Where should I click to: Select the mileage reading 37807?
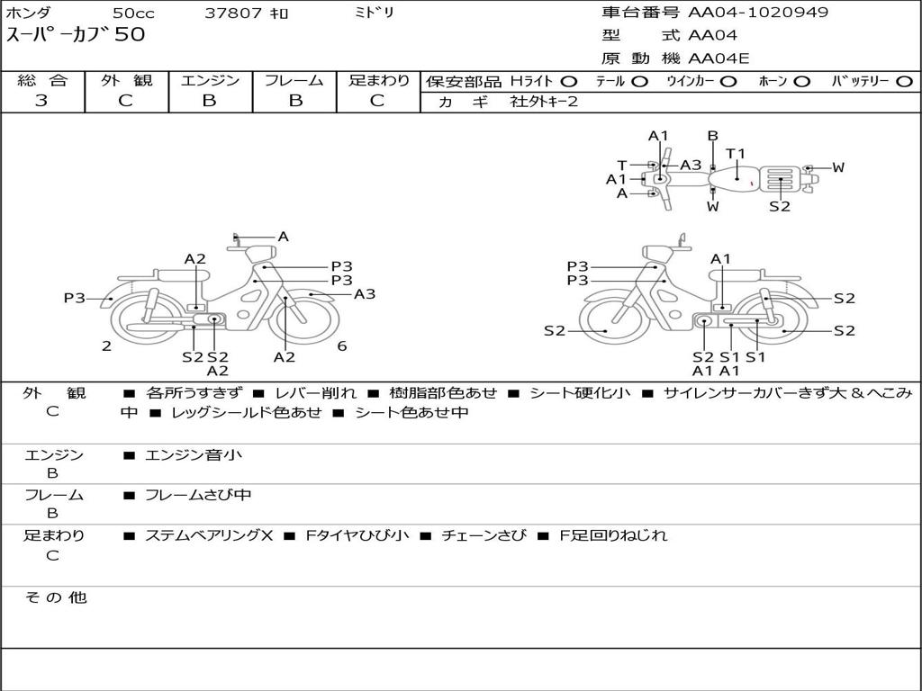pos(233,13)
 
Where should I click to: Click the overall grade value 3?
pos(41,101)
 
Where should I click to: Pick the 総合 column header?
pos(42,81)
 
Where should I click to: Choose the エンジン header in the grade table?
pos(210,81)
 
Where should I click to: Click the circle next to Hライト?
pos(569,82)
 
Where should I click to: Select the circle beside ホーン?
pos(802,82)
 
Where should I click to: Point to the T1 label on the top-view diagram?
pos(736,154)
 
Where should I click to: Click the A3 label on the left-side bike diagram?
pos(365,294)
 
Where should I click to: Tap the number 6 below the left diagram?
pos(342,346)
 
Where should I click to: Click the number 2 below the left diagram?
pos(106,346)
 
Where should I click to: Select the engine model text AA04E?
pos(719,59)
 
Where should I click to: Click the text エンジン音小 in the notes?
pos(193,455)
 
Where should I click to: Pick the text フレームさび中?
pos(198,495)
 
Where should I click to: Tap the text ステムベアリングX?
pos(208,535)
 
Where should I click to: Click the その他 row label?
pos(55,597)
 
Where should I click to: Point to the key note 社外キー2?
pos(544,102)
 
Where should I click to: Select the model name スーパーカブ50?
pos(76,36)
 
